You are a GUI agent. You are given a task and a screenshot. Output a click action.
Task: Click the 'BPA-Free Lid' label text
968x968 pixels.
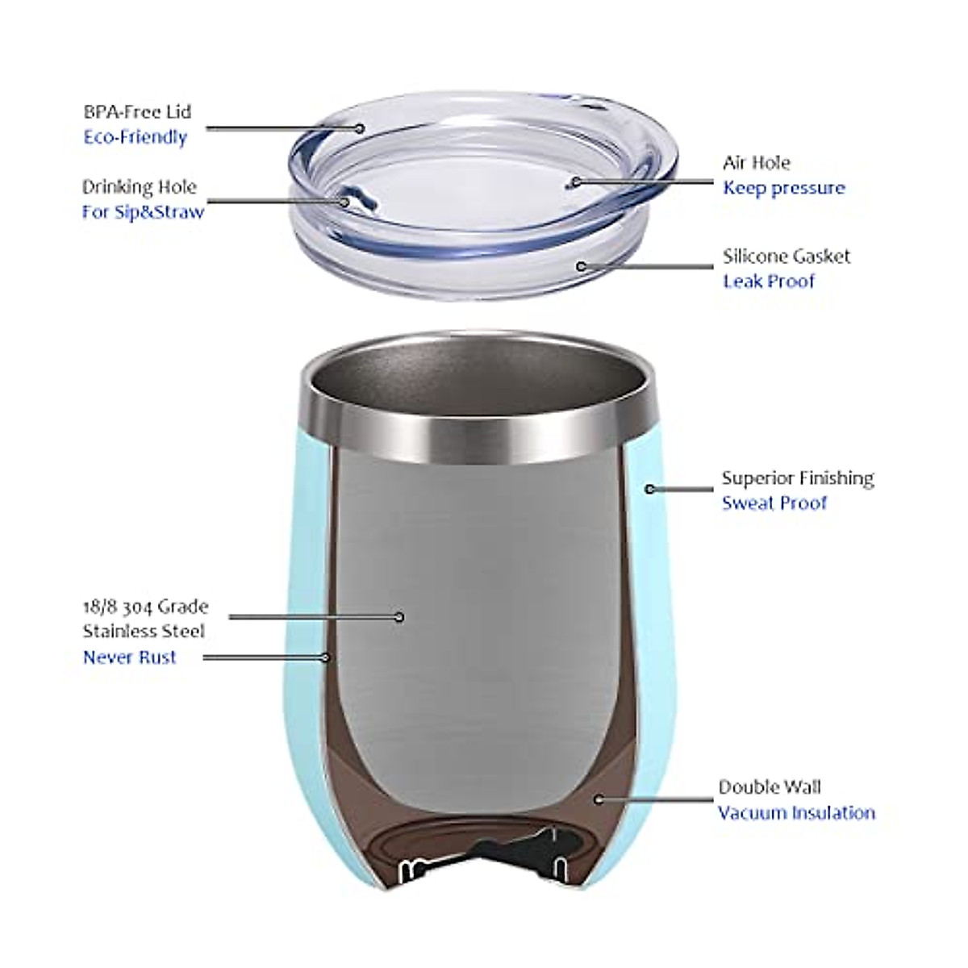point(137,111)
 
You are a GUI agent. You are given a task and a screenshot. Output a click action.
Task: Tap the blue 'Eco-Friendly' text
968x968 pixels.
point(135,137)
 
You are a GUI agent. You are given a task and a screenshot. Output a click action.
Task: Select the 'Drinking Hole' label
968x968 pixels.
point(139,187)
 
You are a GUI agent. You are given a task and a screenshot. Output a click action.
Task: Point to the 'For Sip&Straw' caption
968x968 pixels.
point(143,212)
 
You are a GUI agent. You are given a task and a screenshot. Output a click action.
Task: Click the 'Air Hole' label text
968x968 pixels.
point(756,163)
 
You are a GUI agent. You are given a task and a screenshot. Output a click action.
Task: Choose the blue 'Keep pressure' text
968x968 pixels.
point(783,188)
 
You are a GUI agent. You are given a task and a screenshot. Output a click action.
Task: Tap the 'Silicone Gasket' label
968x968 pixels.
point(786,257)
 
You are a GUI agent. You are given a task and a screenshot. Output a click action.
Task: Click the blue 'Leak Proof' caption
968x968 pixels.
point(768,282)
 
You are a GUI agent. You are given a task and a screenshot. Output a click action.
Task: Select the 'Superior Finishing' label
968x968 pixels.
point(797,478)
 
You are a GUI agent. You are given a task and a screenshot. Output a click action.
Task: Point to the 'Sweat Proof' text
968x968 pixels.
point(774,503)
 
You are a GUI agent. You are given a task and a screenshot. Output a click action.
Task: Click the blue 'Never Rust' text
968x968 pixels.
point(129,657)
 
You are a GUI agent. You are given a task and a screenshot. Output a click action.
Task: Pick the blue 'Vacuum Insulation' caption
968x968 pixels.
point(795,812)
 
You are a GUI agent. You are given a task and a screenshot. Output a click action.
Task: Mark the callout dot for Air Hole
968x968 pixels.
point(574,181)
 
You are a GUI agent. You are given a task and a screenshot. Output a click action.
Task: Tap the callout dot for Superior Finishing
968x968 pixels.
point(649,489)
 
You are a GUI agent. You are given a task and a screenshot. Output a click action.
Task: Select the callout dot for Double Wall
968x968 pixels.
point(598,799)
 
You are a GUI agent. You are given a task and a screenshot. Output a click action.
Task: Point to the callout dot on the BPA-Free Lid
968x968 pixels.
point(361,127)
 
